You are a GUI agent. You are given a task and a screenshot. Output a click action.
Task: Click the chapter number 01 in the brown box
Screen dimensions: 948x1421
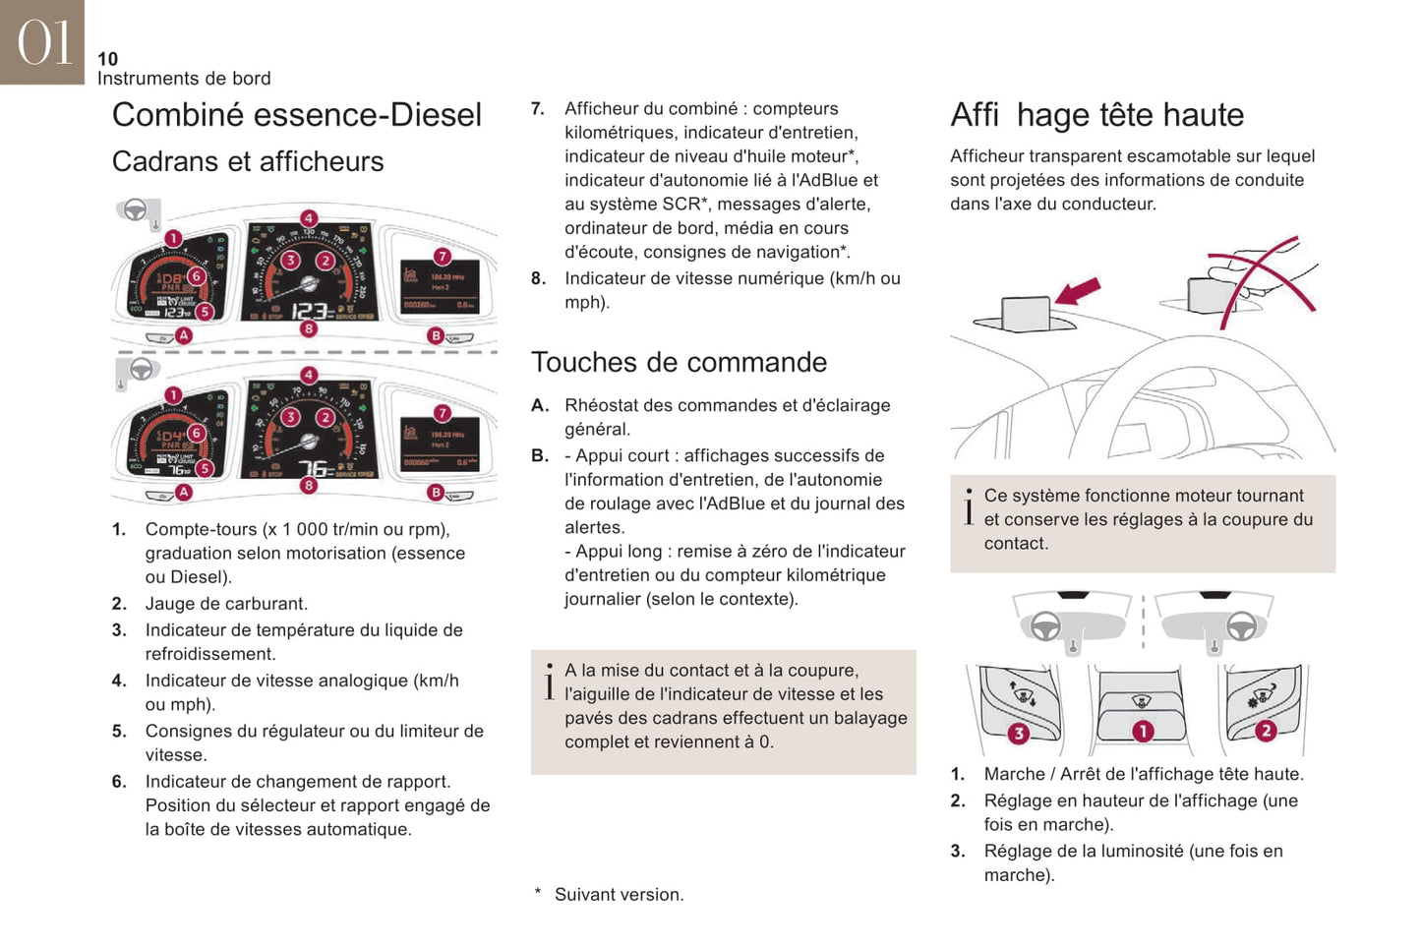(44, 42)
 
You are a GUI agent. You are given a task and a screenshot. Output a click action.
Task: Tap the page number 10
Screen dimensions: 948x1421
(107, 59)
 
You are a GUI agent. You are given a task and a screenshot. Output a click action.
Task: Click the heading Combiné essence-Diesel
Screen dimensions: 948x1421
(296, 115)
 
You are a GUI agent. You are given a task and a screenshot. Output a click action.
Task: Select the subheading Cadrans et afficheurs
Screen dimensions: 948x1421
(248, 161)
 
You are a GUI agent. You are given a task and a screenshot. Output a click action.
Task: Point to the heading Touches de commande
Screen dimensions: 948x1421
(679, 362)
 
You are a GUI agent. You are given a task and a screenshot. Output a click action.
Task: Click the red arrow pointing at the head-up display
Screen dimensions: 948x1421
(1078, 291)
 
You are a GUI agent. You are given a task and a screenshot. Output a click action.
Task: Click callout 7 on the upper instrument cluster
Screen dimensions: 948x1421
(443, 257)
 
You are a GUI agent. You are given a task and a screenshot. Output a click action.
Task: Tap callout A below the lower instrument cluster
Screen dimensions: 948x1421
(184, 492)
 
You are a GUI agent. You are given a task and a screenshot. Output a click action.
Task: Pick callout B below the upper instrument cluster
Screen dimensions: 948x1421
(436, 335)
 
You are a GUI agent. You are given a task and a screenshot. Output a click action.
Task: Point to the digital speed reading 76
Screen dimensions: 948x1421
(315, 469)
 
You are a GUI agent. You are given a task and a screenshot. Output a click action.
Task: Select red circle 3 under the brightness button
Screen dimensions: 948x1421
(1018, 733)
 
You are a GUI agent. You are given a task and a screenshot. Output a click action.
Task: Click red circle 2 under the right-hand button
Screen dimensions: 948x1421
(1266, 731)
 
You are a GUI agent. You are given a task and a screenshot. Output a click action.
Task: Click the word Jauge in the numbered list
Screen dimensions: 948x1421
(169, 604)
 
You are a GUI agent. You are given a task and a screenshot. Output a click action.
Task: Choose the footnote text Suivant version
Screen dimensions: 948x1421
(619, 895)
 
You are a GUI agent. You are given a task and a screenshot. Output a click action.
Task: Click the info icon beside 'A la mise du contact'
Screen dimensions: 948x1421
(549, 681)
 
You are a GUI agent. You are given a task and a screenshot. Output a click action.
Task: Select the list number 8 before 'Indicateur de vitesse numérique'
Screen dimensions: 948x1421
(538, 278)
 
